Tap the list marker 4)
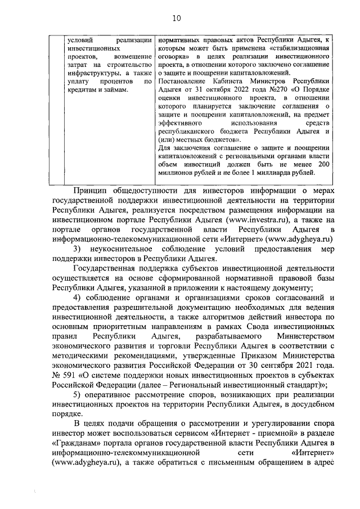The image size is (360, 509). (79, 298)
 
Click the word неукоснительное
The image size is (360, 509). (129, 249)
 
